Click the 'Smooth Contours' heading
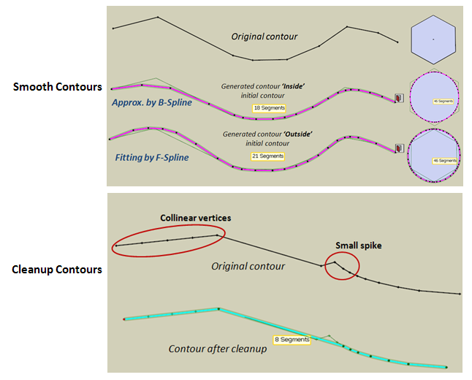57,87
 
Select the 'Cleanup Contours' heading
57,270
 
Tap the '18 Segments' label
269,107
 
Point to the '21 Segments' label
269,156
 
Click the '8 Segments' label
292,340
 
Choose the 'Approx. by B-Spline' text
153,102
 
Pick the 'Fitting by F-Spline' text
151,157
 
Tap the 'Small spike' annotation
357,246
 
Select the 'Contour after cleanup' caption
217,349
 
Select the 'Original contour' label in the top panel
264,37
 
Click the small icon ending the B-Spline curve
399,96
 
